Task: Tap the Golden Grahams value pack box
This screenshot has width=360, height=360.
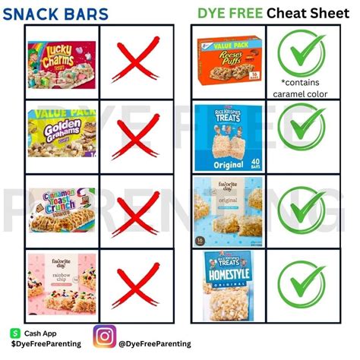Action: pyautogui.click(x=60, y=131)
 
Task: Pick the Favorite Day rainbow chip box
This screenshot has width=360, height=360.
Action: pyautogui.click(x=60, y=281)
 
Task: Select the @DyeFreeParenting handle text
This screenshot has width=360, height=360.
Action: pyautogui.click(x=155, y=344)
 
